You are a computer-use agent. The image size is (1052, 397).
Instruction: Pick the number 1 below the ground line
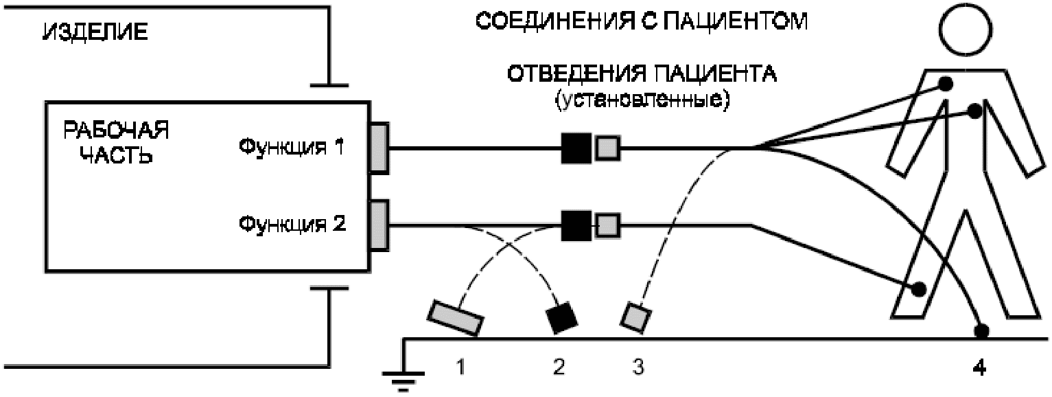coord(460,369)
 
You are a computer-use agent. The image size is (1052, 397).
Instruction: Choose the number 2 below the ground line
coord(558,369)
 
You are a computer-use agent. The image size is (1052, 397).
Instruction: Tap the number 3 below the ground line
coord(638,369)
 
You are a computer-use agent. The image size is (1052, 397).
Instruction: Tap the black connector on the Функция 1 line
coord(576,148)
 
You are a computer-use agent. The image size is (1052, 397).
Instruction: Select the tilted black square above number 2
coord(562,318)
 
